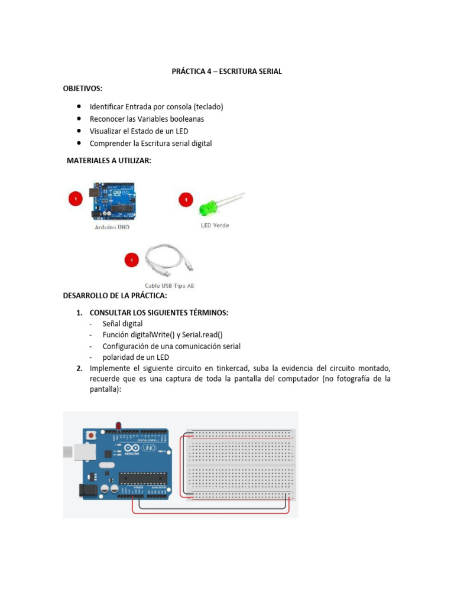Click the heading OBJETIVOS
click(x=83, y=88)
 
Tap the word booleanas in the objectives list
click(x=184, y=119)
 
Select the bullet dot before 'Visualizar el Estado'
click(x=79, y=131)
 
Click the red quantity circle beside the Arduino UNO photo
click(x=74, y=199)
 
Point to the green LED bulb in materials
click(x=207, y=207)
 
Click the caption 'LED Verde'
click(x=213, y=225)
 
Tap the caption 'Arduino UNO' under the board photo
click(x=112, y=227)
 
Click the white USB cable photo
click(x=169, y=261)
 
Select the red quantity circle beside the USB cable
click(x=131, y=259)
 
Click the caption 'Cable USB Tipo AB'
click(x=170, y=286)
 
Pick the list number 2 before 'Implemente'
click(x=79, y=369)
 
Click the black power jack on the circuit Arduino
click(x=86, y=489)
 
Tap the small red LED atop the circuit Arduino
click(x=119, y=425)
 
